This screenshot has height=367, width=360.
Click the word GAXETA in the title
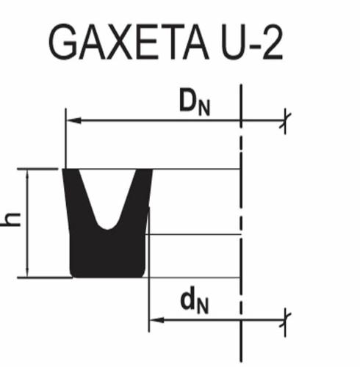click(129, 42)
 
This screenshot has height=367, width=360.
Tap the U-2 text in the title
click(252, 42)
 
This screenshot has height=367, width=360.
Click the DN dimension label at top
click(195, 102)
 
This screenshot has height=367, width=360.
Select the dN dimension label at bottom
click(195, 300)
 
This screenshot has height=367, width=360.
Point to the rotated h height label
click(11, 219)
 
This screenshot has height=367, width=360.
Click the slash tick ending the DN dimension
click(285, 120)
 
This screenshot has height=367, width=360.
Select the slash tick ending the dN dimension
click(285, 320)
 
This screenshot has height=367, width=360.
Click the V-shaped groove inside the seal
click(107, 196)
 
